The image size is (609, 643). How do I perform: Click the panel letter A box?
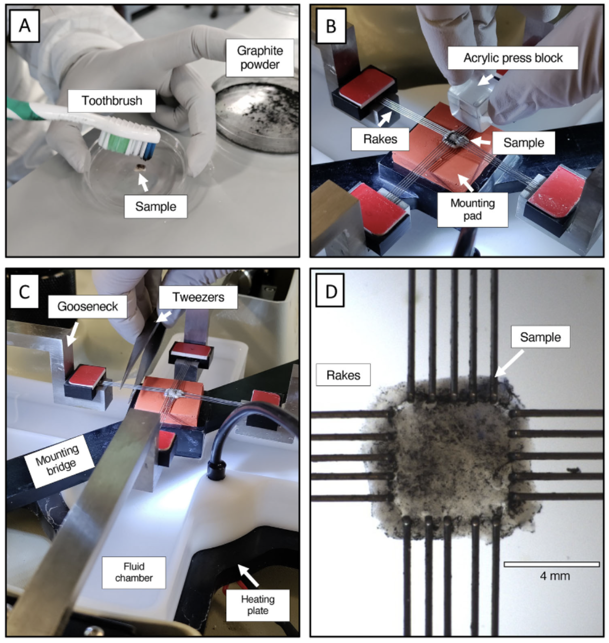click(25, 26)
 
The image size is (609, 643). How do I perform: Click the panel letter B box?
click(331, 26)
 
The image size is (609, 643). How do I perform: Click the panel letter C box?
click(25, 291)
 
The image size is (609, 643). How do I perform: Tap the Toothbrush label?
click(112, 101)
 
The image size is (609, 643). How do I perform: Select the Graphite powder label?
click(260, 58)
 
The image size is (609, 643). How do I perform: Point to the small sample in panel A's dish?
click(141, 167)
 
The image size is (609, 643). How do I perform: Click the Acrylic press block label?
click(513, 58)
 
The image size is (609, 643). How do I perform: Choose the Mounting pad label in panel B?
click(473, 209)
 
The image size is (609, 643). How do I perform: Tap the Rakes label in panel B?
click(380, 139)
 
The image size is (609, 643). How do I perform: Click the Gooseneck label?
click(87, 306)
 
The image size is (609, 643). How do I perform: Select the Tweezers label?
click(198, 297)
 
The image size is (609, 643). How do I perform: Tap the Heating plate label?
click(258, 605)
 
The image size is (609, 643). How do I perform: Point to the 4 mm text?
click(555, 576)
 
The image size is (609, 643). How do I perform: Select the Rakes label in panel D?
click(343, 375)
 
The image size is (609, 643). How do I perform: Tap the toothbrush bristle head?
click(129, 142)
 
